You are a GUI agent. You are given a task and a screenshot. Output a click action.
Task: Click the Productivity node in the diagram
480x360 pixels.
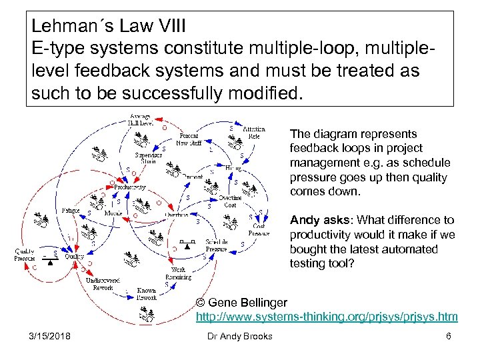tap(129, 187)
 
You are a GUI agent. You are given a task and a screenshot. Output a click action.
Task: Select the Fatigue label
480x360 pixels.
tap(71, 211)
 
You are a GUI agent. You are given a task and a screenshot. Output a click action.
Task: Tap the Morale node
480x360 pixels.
tap(113, 213)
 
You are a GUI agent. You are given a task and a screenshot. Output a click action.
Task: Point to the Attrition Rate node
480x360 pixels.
tap(253, 132)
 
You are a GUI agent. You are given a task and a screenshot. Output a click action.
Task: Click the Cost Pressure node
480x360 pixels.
tap(259, 229)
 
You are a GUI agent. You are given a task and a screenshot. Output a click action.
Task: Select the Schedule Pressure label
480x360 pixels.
tap(216, 245)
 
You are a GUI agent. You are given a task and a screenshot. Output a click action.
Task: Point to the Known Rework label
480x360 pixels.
tap(146, 294)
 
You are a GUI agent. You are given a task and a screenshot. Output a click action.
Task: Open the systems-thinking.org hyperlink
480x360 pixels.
tap(326, 317)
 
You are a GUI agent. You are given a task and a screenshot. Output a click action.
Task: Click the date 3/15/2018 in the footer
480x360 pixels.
tap(49, 336)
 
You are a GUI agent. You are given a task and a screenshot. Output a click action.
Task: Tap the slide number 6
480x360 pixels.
tap(449, 336)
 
